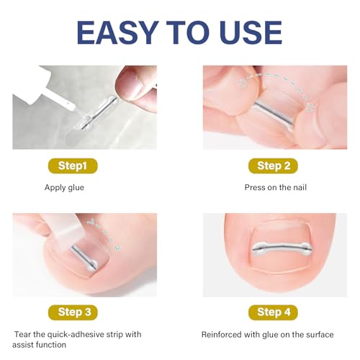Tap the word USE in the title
coord(246,32)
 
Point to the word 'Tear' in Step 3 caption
coord(24,334)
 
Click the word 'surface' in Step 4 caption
coord(319,334)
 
